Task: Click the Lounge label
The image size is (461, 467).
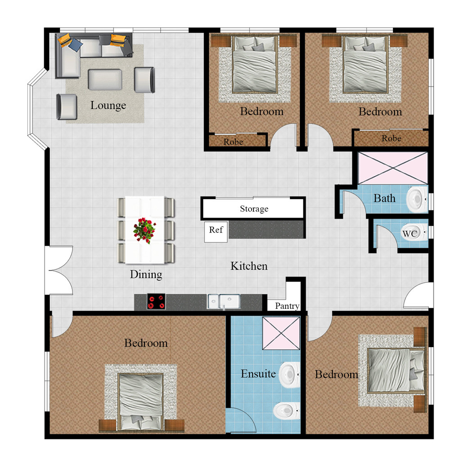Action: [108, 105]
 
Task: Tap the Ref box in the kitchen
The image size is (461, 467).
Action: [216, 230]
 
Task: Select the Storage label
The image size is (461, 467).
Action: [254, 209]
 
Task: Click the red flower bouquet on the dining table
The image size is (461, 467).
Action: [144, 229]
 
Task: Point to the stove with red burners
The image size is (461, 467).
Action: [156, 301]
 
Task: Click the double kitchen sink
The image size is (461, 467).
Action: [224, 301]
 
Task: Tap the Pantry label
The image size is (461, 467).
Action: [287, 306]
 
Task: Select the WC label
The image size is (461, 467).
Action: [409, 234]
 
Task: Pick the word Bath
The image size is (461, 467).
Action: [384, 198]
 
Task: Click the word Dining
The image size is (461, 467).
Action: [146, 274]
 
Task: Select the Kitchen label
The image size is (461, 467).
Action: [249, 266]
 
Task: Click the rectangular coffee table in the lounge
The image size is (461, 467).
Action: [104, 79]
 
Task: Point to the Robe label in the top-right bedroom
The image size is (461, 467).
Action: [391, 138]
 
